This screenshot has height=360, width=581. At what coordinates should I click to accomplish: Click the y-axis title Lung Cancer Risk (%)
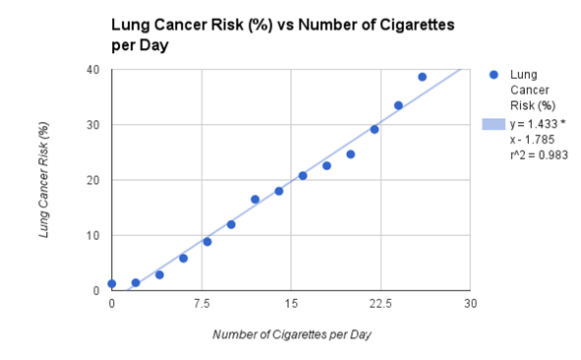(x=44, y=180)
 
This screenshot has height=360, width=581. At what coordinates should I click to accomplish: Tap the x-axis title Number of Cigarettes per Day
(x=292, y=334)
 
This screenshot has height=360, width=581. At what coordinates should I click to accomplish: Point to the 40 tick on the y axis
(x=92, y=70)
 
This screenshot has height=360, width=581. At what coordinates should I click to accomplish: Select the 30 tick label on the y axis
(x=92, y=125)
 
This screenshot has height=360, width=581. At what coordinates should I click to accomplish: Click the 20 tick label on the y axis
(x=92, y=180)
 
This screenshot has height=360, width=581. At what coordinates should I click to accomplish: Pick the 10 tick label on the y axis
(x=92, y=235)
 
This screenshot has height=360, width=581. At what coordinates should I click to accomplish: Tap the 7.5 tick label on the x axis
(x=202, y=303)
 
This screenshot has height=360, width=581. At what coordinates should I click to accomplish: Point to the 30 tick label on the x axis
(x=471, y=303)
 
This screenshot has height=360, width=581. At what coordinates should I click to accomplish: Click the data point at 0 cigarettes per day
(x=112, y=283)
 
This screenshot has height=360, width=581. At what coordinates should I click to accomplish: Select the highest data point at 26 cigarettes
(x=422, y=77)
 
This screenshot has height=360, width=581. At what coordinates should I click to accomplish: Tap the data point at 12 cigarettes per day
(x=255, y=199)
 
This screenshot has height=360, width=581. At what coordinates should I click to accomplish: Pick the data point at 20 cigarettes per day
(x=350, y=154)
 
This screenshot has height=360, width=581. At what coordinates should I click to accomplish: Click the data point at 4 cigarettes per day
(x=159, y=274)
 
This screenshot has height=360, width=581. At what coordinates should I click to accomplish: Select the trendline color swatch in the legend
(x=493, y=124)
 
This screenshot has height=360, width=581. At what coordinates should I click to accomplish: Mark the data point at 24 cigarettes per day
(x=398, y=105)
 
